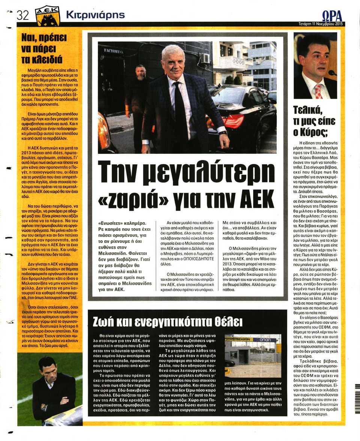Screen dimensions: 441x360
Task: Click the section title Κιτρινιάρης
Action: [x=95, y=15]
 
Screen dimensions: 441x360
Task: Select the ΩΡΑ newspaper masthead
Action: [x=332, y=16]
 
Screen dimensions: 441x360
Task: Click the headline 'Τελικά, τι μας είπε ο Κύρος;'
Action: [x=315, y=121]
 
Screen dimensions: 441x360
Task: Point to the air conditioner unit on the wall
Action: [x=205, y=58]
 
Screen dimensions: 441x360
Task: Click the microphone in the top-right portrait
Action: [x=331, y=73]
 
